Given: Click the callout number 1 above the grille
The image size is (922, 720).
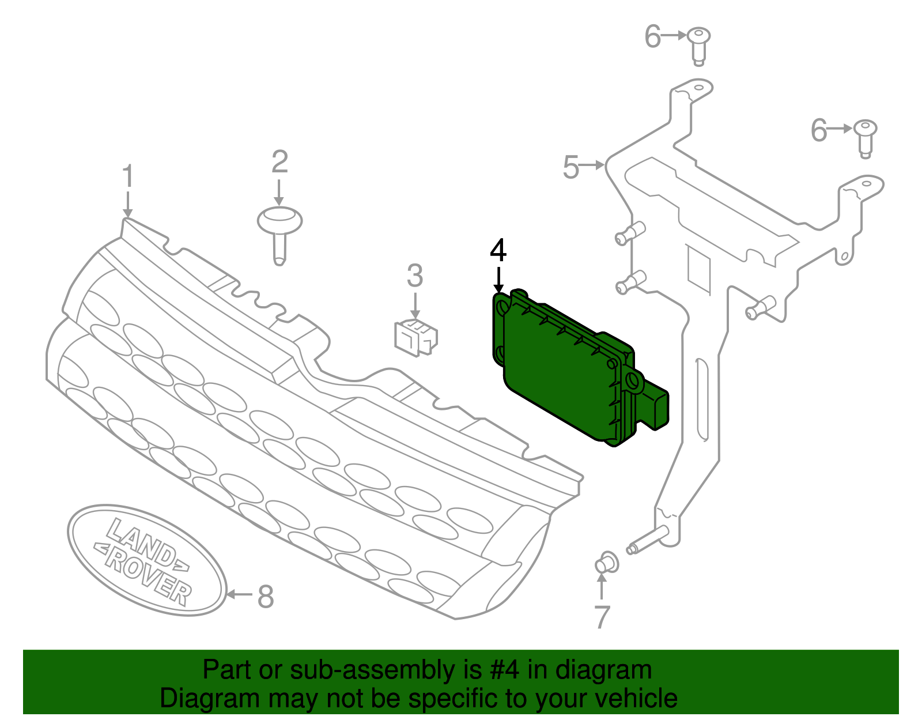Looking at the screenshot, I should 128,176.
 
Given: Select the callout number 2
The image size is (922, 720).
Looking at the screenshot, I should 279,162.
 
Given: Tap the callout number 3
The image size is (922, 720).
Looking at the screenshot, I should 415,276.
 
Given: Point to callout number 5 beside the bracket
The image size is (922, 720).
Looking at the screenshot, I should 570,167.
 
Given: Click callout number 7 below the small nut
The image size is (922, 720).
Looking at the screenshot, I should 602,617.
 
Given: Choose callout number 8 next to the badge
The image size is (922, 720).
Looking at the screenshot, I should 265,597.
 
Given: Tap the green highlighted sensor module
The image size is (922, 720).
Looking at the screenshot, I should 565,369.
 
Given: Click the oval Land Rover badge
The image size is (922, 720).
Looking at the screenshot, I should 147,559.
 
